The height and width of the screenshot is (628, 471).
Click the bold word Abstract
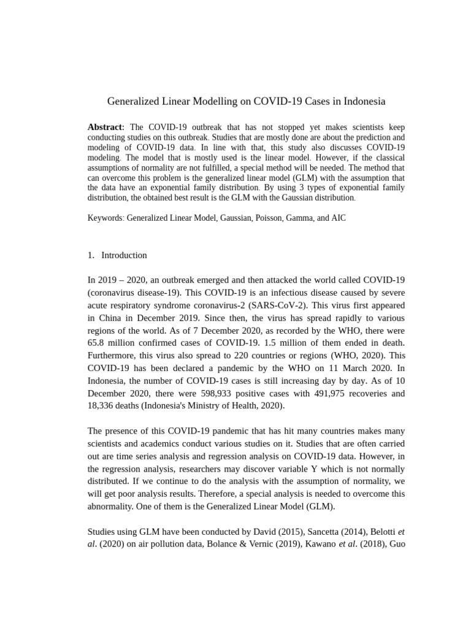click(x=105, y=127)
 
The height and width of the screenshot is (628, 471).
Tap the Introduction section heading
click(x=124, y=255)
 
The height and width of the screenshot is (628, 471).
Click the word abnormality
click(x=117, y=506)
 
